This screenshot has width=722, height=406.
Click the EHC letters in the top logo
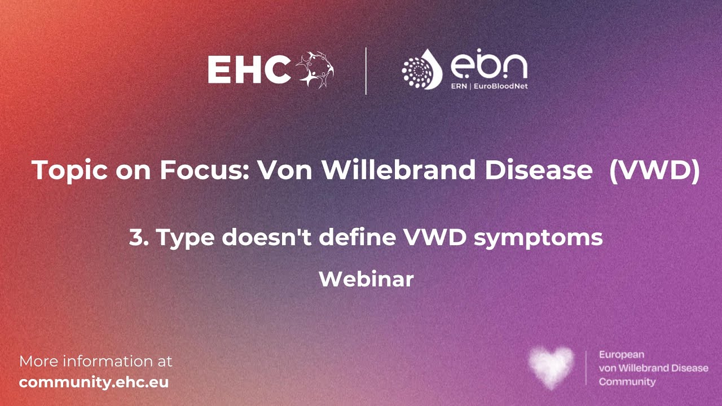click(x=249, y=70)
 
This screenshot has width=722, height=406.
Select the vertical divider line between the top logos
click(x=366, y=70)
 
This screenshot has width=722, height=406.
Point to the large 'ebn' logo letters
click(x=488, y=67)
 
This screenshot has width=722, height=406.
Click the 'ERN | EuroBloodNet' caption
click(x=490, y=86)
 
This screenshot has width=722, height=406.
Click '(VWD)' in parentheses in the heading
click(x=654, y=170)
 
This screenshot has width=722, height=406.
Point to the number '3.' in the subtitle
click(x=138, y=237)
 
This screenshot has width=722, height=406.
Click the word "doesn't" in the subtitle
click(x=268, y=237)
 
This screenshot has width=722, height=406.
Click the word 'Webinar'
click(x=366, y=279)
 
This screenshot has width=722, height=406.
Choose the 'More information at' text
click(x=96, y=361)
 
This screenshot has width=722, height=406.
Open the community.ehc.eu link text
click(x=94, y=382)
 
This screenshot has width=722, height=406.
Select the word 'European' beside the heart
click(x=622, y=355)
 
